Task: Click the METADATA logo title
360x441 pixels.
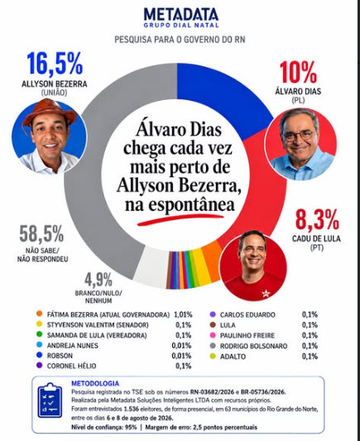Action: click(181, 15)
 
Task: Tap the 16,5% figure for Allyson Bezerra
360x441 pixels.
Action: click(55, 64)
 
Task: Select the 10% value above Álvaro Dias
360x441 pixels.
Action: click(298, 73)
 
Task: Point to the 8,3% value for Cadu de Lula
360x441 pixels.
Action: click(317, 219)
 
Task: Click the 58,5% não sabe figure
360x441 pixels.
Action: click(41, 234)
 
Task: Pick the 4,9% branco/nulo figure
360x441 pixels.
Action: click(98, 280)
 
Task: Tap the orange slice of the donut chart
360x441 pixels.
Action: click(215, 259)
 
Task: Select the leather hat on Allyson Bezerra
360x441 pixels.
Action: click(50, 111)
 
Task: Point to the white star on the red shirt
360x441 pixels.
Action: click(266, 294)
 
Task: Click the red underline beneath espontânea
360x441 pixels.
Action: click(180, 218)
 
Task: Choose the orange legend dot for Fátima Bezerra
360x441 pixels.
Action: click(40, 314)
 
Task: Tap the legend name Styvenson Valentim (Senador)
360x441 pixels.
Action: click(98, 325)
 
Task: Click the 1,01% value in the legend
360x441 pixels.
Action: click(183, 314)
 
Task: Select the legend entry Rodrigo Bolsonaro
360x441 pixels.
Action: click(254, 346)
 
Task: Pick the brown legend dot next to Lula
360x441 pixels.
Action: click(213, 325)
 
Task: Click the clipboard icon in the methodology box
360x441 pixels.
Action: click(50, 400)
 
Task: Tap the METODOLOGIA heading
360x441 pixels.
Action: click(95, 383)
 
